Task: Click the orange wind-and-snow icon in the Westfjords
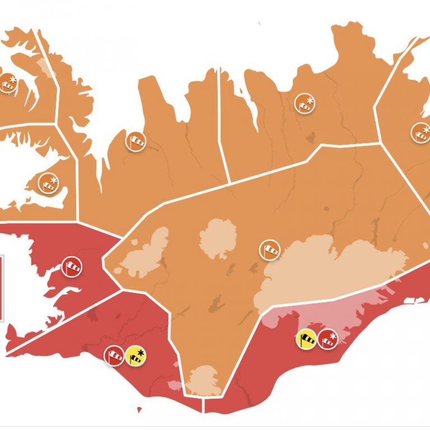[8, 83]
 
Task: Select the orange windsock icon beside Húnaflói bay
[135, 141]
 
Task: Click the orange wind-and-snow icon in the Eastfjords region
[421, 133]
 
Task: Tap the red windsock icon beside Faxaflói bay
[72, 267]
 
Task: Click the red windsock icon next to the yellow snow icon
[114, 356]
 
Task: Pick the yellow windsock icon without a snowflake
[306, 339]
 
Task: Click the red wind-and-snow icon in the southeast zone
[328, 339]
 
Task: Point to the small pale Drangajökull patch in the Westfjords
[43, 67]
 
